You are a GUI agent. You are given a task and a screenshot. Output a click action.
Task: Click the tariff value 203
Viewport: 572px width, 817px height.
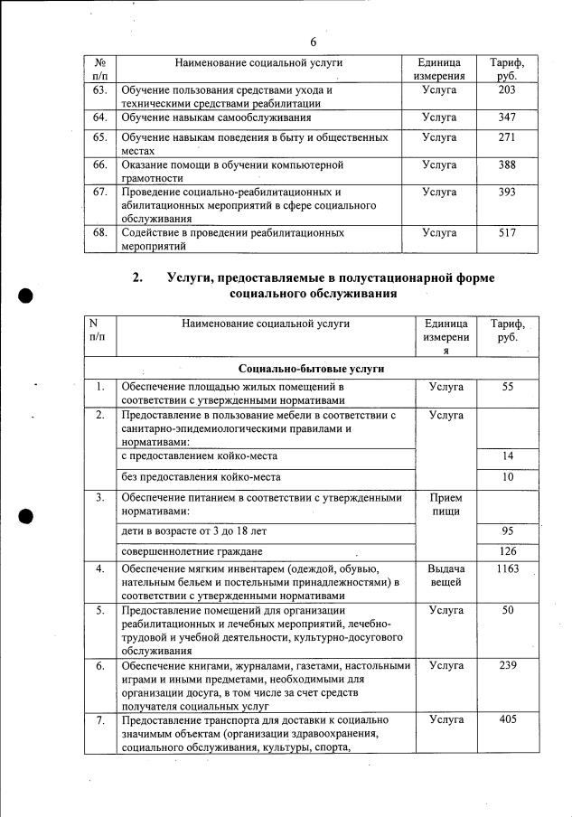coord(507,90)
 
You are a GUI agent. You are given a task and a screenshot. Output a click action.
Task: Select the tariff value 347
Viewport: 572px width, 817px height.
coord(507,117)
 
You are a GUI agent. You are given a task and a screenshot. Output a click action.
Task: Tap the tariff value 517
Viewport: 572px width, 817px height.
coord(507,232)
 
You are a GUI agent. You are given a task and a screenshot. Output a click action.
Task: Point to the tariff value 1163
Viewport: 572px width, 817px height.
coord(507,568)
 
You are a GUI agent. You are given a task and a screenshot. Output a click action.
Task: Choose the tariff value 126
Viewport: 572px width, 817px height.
coord(507,551)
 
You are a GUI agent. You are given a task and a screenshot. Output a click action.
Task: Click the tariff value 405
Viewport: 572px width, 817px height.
coord(507,719)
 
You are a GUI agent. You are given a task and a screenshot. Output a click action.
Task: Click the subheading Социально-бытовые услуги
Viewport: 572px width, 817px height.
coord(312,369)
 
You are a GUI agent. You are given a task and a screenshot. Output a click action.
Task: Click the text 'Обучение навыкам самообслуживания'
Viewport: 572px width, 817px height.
coord(215,117)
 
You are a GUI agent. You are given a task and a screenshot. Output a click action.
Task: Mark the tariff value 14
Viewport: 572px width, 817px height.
coord(507,455)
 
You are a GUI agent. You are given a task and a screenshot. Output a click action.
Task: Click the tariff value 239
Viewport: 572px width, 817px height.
coord(507,665)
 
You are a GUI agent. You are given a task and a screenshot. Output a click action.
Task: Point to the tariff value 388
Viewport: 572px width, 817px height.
coord(507,164)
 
